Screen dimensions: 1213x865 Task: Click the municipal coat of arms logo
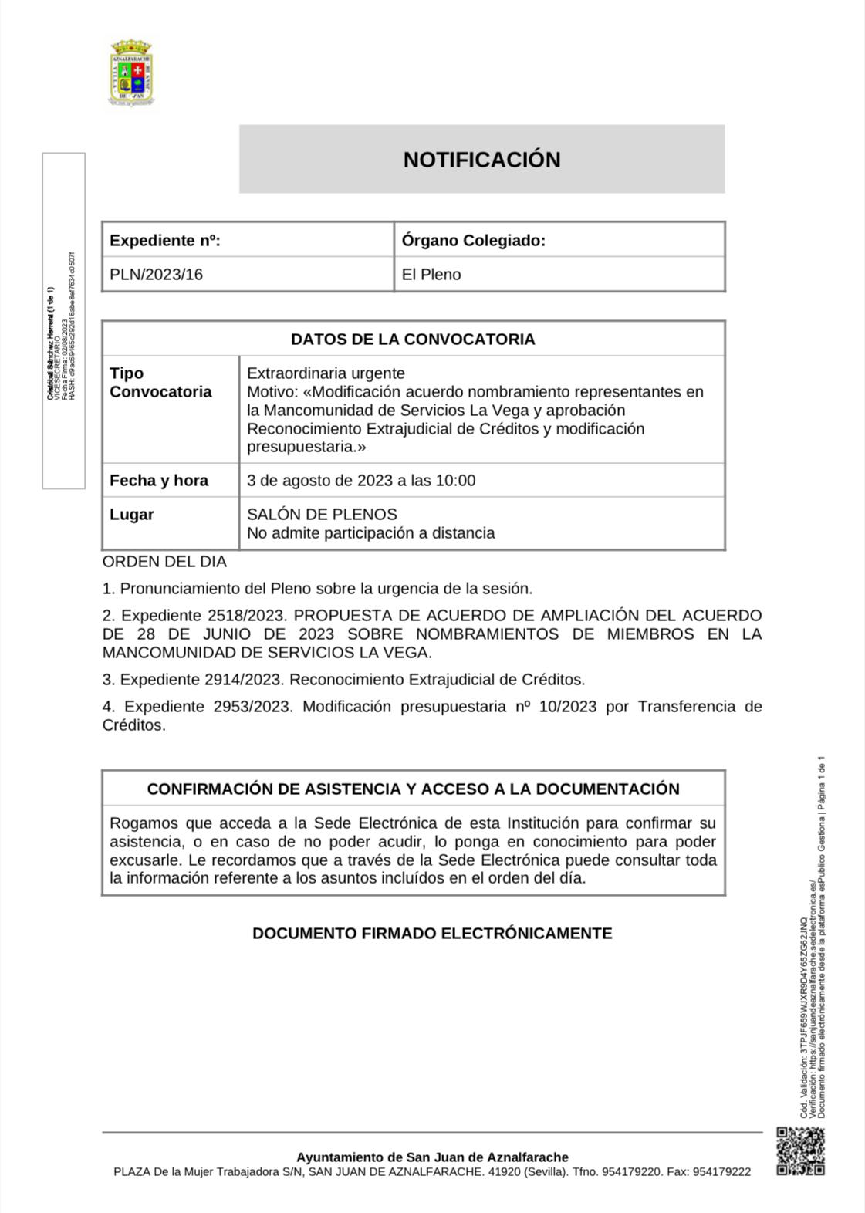coord(131,73)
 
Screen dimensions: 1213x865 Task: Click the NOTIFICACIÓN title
coord(481,160)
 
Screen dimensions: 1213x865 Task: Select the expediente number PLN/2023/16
coord(156,275)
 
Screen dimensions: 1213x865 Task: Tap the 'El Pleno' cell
coord(431,275)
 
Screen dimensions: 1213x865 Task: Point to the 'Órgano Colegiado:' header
coord(473,241)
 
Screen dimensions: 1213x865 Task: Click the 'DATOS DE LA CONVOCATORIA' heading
coord(413,340)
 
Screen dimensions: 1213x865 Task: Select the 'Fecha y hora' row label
coord(159,481)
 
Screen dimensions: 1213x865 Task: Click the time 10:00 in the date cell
coord(455,481)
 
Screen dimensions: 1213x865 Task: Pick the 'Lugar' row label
coord(131,515)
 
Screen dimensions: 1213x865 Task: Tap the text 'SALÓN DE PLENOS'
coord(322,515)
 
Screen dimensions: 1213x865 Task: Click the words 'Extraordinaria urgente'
coord(326,373)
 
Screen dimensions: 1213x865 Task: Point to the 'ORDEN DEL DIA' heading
coord(164,562)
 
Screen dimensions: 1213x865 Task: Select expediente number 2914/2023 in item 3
coord(245,680)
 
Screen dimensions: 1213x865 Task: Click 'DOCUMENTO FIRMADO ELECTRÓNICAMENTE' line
coord(432,934)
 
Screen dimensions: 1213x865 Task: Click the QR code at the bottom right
coord(800,1151)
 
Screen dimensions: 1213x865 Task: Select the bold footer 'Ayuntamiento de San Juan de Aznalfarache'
coord(432,1157)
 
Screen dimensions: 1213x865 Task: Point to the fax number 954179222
coord(721,1171)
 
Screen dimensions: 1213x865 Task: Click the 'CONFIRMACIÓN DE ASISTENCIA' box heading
coord(413,789)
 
